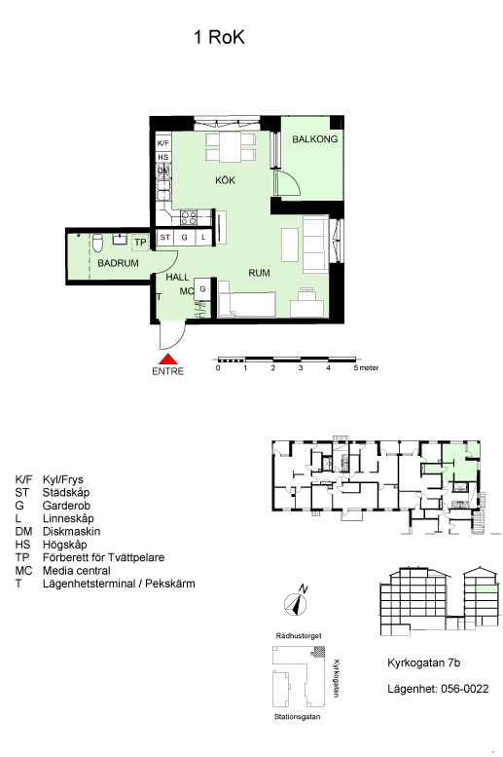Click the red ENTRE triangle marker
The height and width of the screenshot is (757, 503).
(x=168, y=360)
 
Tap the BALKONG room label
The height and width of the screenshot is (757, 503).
(x=315, y=139)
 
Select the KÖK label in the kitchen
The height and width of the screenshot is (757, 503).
(x=225, y=180)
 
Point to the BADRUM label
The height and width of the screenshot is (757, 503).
(x=118, y=263)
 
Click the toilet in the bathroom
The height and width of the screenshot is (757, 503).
(x=98, y=243)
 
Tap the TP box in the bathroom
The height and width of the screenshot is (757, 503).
(x=140, y=242)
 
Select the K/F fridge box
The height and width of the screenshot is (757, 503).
(x=163, y=143)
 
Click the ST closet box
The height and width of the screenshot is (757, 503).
(x=165, y=237)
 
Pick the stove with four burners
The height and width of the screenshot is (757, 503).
(x=189, y=217)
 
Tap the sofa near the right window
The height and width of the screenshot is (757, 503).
(x=315, y=244)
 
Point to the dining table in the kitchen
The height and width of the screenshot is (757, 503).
(x=231, y=147)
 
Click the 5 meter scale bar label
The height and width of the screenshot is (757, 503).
(x=366, y=368)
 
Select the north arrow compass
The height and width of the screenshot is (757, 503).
(x=296, y=602)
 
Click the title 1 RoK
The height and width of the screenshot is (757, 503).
(x=220, y=37)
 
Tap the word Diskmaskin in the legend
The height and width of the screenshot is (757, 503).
(x=71, y=532)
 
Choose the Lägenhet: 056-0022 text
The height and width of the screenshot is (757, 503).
(x=438, y=689)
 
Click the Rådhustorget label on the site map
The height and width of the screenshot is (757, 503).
(x=299, y=636)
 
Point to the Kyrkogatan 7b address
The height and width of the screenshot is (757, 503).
(x=424, y=662)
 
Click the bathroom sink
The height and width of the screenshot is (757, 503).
(x=120, y=239)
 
